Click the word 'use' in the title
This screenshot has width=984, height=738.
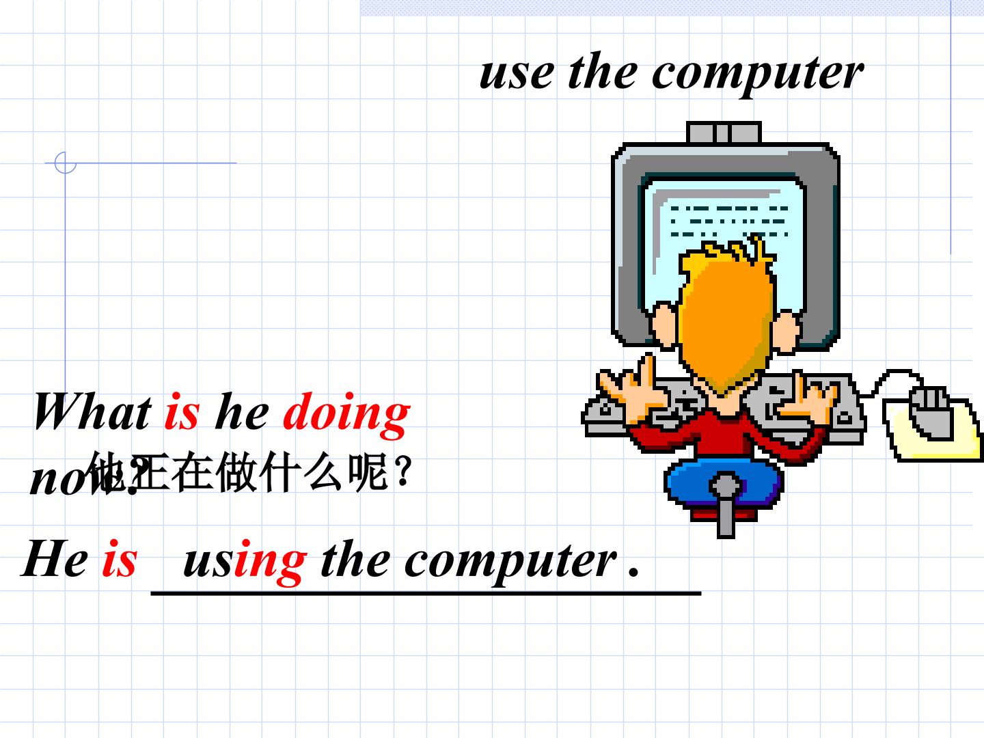(x=516, y=72)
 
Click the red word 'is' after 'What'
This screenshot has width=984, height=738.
(x=182, y=412)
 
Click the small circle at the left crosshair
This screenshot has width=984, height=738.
(x=65, y=163)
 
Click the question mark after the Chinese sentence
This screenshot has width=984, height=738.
(x=403, y=471)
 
